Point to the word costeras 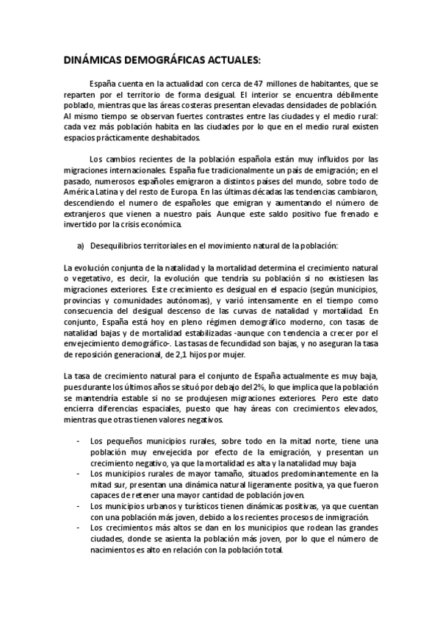click(202, 105)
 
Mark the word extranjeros click(87, 214)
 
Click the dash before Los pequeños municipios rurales click(78, 442)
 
